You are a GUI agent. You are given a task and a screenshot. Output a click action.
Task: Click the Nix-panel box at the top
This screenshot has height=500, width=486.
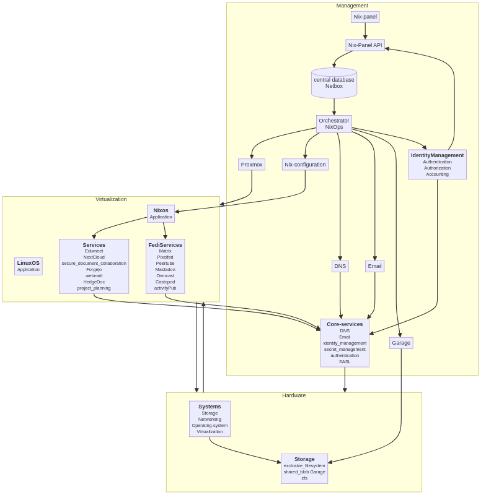coord(365,17)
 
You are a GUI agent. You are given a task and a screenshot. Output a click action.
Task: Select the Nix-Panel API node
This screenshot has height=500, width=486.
coord(365,45)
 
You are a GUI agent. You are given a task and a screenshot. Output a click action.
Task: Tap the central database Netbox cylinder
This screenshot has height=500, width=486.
coord(334,83)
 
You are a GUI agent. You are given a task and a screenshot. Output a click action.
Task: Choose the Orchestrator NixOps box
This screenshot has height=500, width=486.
coord(334,124)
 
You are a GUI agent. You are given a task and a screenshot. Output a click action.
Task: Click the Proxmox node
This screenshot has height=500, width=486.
coord(252,165)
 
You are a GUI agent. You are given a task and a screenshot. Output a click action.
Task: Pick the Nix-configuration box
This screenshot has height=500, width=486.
coord(305,165)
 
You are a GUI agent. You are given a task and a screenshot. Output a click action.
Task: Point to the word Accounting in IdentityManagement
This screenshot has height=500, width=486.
coord(437,175)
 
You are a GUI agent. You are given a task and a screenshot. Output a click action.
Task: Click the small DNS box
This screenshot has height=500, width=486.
coord(340,266)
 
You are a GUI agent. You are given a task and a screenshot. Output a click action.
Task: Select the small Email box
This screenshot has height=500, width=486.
coord(375,266)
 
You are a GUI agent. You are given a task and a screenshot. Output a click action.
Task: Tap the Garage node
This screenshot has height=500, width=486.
coord(401,343)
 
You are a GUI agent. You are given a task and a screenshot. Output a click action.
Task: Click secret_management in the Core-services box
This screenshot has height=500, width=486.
coord(345,350)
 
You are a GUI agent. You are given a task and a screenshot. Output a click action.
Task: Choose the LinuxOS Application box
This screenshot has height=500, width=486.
coord(29,266)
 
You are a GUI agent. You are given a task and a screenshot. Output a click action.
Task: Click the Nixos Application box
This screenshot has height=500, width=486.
coord(161,213)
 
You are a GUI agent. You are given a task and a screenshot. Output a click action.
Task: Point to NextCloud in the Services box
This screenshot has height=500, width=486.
coord(94,257)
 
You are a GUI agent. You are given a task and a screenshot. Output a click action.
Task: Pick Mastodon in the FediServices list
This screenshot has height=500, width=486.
coord(166,270)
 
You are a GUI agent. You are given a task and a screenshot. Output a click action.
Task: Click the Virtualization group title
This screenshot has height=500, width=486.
coord(111,199)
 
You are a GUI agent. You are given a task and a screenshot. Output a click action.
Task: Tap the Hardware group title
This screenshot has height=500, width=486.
coord(294,395)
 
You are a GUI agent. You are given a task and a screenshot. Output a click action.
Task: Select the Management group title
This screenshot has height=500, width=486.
coord(352,6)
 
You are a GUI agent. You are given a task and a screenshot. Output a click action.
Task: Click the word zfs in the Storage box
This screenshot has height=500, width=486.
coord(304,478)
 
